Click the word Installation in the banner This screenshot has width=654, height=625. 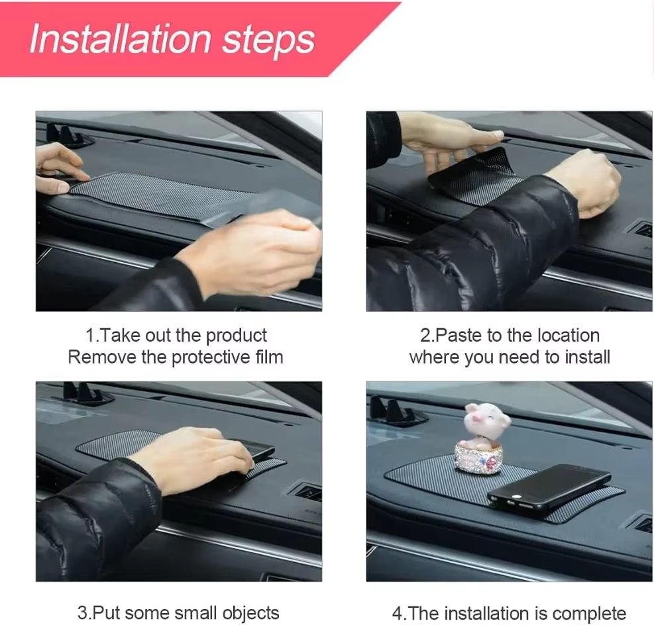(x=119, y=39)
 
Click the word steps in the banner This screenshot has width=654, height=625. (x=268, y=41)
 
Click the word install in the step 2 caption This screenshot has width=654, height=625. (x=587, y=358)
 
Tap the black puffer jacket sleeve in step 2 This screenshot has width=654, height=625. (x=464, y=252)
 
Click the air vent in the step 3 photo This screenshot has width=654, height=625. (x=307, y=492)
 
